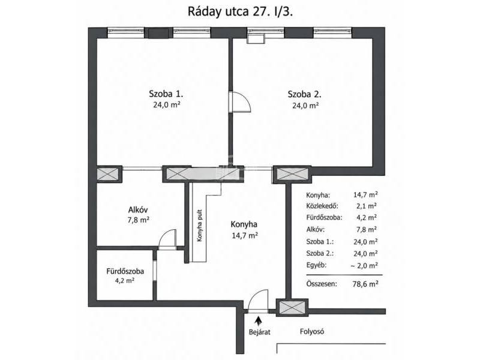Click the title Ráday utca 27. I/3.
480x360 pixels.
pos(241,11)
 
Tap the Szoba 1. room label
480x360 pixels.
pos(166,94)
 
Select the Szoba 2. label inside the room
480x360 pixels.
pos(305,94)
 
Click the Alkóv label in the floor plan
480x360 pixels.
pos(138,209)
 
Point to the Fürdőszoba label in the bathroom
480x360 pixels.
pos(125,271)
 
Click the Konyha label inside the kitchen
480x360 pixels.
pos(244,224)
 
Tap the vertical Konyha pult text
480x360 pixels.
pos(200,226)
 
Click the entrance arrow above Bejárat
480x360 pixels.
pos(259,322)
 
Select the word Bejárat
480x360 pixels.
pos(260,332)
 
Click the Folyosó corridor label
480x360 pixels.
pos(312,331)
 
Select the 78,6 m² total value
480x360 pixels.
pos(365,284)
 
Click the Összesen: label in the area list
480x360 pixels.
pos(322,284)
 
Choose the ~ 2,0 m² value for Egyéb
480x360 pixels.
pos(364,265)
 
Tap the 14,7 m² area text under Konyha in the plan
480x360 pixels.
pos(245,235)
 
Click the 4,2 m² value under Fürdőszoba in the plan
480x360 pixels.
pos(125,280)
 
